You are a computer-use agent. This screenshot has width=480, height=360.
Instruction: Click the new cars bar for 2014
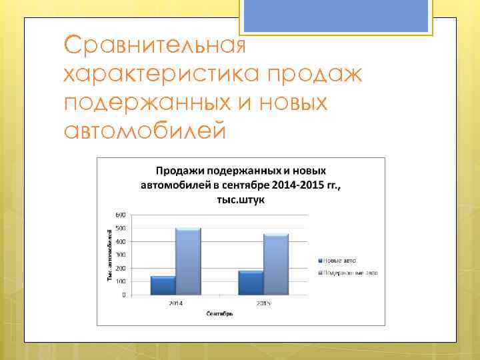point(163,285)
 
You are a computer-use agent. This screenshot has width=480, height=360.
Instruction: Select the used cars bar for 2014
point(188,261)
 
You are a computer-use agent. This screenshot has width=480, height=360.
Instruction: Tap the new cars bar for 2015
point(251,283)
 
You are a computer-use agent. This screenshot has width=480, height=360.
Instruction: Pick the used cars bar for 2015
point(276,264)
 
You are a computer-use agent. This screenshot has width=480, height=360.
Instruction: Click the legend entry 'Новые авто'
point(341,260)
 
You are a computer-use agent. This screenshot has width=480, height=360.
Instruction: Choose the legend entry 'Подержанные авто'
point(351,273)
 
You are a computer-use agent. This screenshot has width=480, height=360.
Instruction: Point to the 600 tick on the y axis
point(120,215)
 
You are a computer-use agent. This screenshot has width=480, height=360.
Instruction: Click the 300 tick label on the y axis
point(120,255)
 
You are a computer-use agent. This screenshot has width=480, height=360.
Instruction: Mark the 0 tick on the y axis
point(123,295)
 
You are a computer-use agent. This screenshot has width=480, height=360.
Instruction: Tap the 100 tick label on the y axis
point(120,281)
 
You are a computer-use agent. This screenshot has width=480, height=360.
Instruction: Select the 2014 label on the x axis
point(175,303)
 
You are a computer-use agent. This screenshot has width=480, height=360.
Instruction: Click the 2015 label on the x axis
point(263,303)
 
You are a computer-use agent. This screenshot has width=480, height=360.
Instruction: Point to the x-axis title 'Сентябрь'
point(219,313)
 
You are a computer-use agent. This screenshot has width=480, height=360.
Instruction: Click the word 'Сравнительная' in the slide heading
point(155,46)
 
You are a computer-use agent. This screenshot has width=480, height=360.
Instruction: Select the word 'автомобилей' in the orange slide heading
point(145,131)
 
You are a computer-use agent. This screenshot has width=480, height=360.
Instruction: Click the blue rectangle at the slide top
point(335,15)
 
